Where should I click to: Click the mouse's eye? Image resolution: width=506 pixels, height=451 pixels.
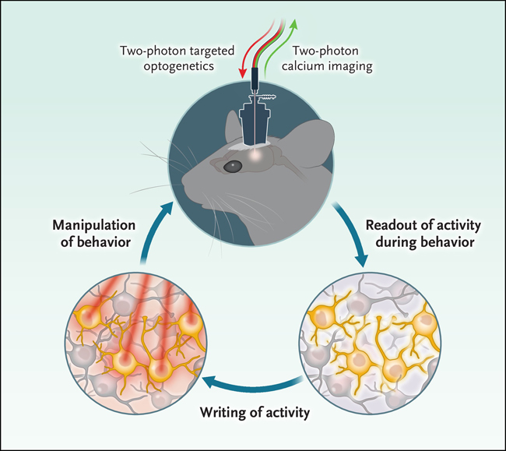pyautogui.click(x=232, y=166)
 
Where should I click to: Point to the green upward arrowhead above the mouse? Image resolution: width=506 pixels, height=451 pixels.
pyautogui.click(x=295, y=24)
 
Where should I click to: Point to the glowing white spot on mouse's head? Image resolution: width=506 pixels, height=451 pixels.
pyautogui.click(x=256, y=155)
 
